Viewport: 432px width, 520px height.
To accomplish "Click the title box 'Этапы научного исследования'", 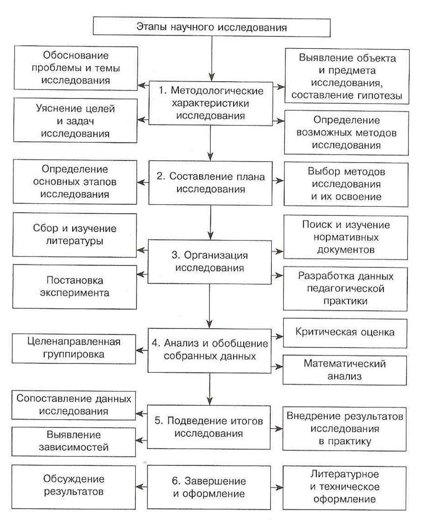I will click(211, 27).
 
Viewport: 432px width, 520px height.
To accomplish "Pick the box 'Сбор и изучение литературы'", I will click(75, 234).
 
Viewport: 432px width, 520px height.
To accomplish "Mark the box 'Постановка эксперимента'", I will click(75, 286).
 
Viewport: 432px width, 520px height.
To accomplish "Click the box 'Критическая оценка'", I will click(345, 332).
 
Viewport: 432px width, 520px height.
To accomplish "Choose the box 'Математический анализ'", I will click(345, 370).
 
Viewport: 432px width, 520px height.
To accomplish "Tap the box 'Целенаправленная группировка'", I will click(74, 347).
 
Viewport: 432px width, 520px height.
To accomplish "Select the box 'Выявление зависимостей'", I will click(74, 441).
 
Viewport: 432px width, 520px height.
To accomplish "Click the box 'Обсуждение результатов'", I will click(74, 486).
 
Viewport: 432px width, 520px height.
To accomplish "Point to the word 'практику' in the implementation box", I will click(345, 441).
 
